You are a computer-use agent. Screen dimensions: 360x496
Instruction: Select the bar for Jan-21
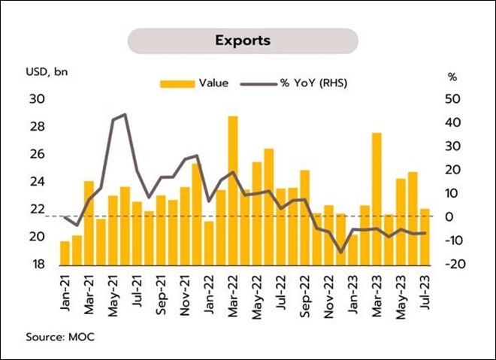click(65, 253)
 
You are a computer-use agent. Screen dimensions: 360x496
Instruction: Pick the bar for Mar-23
click(377, 199)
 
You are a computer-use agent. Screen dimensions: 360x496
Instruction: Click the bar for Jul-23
click(425, 237)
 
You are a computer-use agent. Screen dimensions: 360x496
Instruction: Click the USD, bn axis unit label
click(47, 72)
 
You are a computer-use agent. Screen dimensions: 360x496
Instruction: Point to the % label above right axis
click(452, 77)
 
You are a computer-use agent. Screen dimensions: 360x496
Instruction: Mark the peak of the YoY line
click(124, 114)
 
